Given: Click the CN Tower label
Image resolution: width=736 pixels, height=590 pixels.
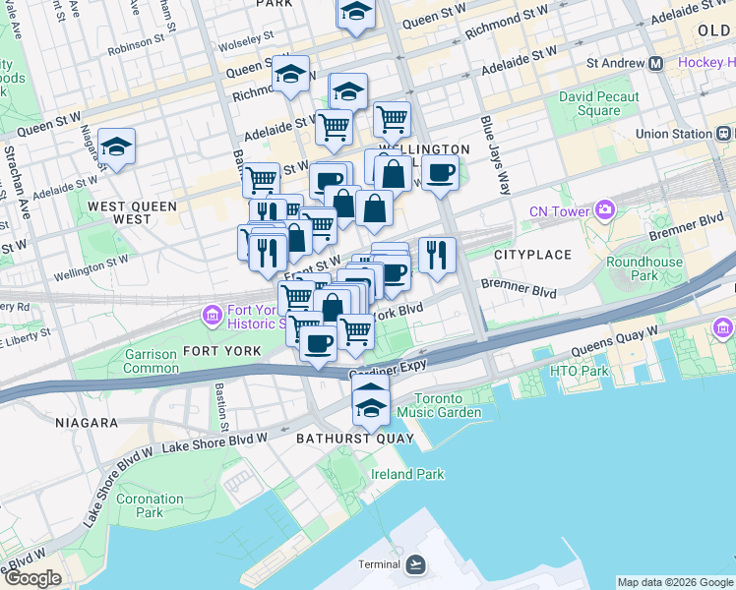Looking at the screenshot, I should tap(559, 210).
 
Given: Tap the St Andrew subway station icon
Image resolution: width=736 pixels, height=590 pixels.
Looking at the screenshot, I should tap(656, 63).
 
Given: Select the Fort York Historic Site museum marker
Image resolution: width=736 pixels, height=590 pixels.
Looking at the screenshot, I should tap(212, 315).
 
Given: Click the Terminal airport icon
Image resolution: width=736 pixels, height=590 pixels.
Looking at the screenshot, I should tap(415, 563).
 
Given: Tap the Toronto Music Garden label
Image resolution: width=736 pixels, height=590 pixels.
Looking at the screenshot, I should tap(447, 405).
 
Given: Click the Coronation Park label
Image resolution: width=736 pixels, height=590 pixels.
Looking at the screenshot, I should tap(149, 505).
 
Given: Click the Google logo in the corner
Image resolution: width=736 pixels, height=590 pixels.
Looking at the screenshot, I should tap(31, 578).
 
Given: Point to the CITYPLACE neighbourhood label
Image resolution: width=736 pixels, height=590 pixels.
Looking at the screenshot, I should tap(532, 255).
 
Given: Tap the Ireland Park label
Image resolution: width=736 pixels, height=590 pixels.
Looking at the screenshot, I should tap(407, 474).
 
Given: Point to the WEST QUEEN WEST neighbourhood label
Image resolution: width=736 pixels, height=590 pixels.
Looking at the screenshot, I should tap(133, 212).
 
